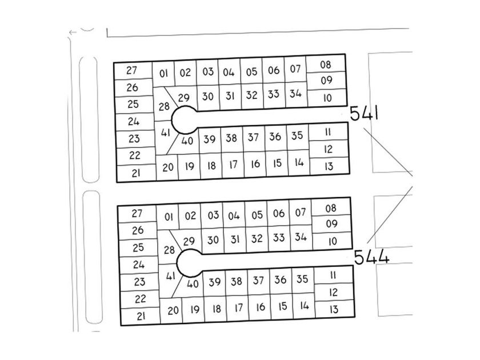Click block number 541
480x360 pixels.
pyautogui.click(x=364, y=113)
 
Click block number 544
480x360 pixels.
pyautogui.click(x=371, y=257)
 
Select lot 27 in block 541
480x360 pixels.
pyautogui.click(x=133, y=71)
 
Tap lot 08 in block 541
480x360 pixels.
pyautogui.click(x=326, y=64)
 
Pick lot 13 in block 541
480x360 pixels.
pyautogui.click(x=329, y=166)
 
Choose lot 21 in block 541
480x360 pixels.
pyautogui.click(x=136, y=173)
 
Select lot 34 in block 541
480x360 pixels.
pyautogui.click(x=296, y=94)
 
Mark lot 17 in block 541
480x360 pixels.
pyautogui.click(x=233, y=165)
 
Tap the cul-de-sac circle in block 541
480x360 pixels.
pyautogui.click(x=184, y=119)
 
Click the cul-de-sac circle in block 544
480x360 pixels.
pyautogui.click(x=190, y=263)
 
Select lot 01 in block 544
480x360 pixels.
pyautogui.click(x=168, y=217)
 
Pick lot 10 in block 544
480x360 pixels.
pyautogui.click(x=333, y=241)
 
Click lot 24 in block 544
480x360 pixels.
pyautogui.click(x=139, y=265)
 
